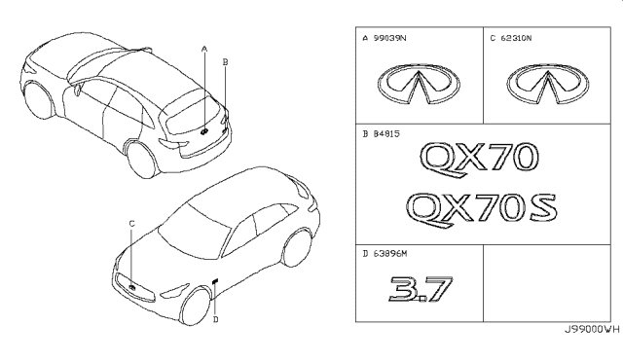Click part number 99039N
click(389, 38)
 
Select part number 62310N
click(516, 38)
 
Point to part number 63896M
click(390, 254)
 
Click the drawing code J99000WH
click(592, 330)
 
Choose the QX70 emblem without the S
click(479, 160)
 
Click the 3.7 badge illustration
click(421, 289)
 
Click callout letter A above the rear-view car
click(204, 50)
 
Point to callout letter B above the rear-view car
click(225, 62)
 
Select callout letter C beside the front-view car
click(132, 224)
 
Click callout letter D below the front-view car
click(215, 319)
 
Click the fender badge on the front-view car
click(216, 281)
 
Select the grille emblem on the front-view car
click(132, 287)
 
